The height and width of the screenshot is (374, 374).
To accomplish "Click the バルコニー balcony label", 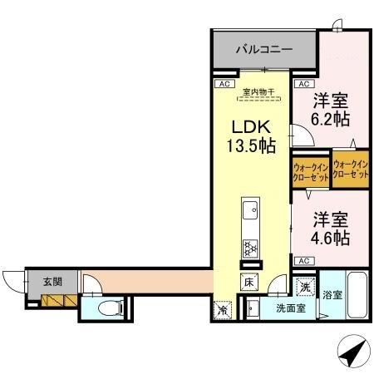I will coord(263,50).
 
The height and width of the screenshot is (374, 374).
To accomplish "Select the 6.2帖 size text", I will coord(329,117).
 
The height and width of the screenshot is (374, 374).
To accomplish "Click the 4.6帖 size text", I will coord(330,237).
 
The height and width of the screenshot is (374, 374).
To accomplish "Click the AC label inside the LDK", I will coord(223,84).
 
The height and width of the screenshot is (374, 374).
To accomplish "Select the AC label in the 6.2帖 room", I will coord(303,84).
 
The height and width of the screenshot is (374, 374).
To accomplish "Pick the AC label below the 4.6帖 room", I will coord(304,261).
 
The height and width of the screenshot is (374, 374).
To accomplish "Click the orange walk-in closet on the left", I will coord(310,172).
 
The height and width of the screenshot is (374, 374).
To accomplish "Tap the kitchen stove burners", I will coord(249,248).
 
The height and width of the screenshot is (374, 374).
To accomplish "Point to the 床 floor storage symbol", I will coord(249,283).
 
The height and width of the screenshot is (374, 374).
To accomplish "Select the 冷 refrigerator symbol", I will coord(223,311).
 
